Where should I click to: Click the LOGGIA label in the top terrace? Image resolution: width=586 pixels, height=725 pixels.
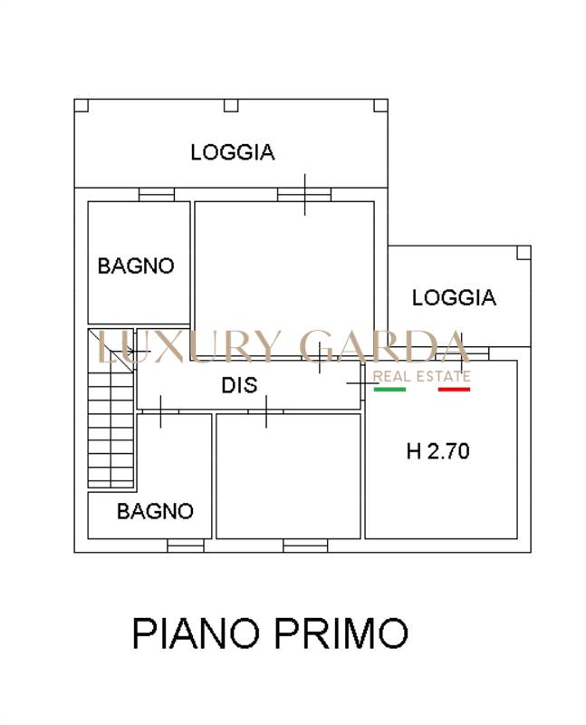click(233, 152)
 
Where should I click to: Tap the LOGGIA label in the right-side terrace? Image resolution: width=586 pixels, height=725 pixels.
click(454, 298)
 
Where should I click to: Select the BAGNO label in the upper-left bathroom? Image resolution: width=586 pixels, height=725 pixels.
click(136, 266)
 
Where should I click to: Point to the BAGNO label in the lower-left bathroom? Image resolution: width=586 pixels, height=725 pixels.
click(155, 511)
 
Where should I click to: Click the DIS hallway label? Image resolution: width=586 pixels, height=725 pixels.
click(239, 385)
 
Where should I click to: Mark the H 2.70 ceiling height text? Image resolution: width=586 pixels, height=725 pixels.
click(438, 451)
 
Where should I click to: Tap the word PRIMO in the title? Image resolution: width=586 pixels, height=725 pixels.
click(341, 633)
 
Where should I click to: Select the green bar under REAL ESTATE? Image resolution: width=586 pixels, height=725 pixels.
click(389, 390)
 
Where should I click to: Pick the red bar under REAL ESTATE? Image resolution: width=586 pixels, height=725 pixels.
click(454, 390)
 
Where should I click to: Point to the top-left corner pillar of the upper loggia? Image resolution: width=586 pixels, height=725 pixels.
click(81, 105)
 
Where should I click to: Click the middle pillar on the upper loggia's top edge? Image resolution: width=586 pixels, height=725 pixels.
click(231, 105)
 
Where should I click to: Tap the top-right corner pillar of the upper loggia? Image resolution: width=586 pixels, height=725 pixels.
click(380, 105)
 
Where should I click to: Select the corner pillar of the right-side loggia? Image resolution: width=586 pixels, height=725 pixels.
click(524, 253)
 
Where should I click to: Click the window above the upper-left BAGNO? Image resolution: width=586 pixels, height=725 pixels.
click(157, 195)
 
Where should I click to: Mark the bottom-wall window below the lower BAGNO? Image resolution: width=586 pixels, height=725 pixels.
click(186, 546)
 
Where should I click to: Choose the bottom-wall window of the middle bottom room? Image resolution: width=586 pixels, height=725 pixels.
click(305, 546)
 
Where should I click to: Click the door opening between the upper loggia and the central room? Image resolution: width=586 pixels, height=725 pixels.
click(304, 195)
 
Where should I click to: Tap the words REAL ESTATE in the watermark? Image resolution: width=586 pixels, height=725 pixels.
click(421, 376)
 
